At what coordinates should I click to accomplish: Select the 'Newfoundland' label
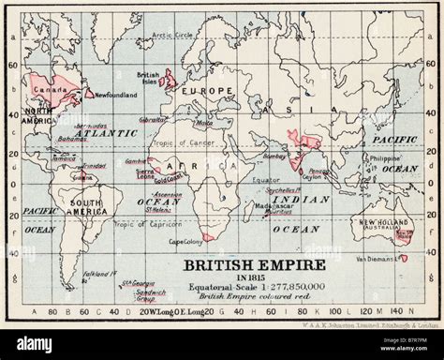[x=116, y=94]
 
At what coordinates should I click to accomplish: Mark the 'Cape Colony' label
[x=186, y=241]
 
